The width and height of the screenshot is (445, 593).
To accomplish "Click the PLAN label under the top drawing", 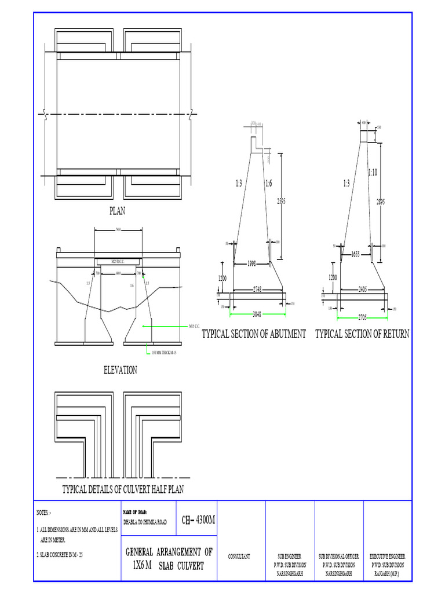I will click(x=118, y=211).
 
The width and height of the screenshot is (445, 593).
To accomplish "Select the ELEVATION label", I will click(x=120, y=370).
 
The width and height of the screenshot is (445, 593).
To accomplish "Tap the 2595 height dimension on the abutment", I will click(x=282, y=201).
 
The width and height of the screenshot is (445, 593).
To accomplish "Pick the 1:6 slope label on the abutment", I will click(x=268, y=184).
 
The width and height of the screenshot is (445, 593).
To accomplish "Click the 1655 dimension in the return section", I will click(x=355, y=254).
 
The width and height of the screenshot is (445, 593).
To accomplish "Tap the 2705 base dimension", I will click(x=363, y=317).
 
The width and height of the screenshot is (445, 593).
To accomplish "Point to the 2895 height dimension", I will click(x=380, y=202).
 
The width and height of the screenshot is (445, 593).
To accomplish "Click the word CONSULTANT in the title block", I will click(x=239, y=557).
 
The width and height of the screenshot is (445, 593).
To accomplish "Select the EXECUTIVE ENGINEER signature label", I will click(x=388, y=556).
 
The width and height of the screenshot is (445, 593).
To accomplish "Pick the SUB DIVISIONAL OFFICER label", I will click(x=338, y=556).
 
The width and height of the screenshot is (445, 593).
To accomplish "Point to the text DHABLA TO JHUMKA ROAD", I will click(x=145, y=522).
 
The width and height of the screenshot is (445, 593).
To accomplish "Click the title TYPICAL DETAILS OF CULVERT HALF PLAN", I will click(x=123, y=489).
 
